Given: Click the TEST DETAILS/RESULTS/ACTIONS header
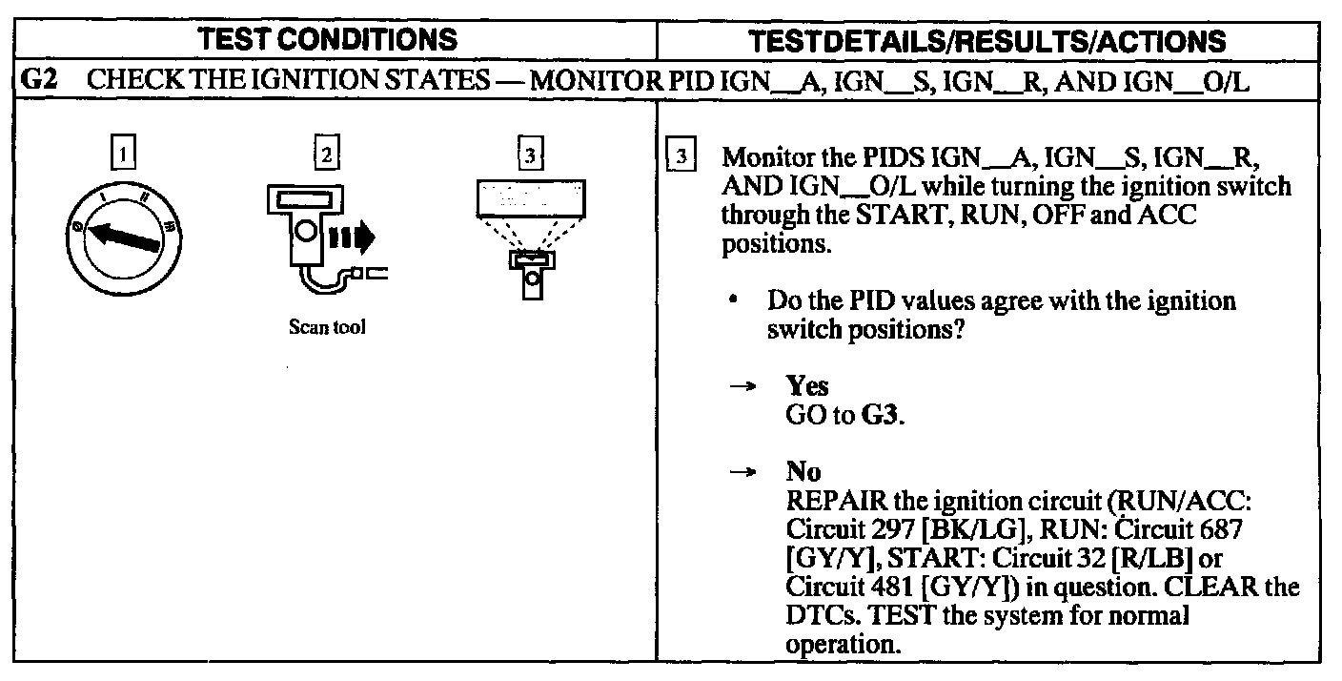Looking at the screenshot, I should click(1000, 41).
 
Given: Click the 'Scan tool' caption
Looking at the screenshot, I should click(327, 328).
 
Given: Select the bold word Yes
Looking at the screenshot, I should click(806, 386).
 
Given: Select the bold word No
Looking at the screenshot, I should click(803, 471).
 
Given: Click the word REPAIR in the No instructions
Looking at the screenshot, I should click(828, 499).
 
